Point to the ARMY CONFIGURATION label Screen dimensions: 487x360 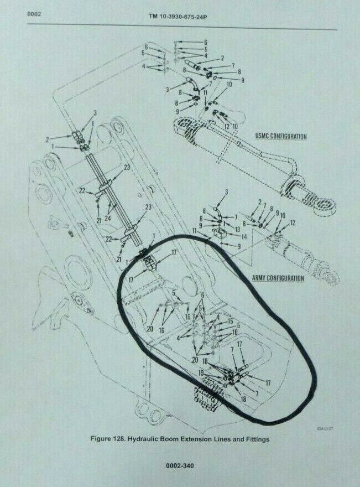tap(279, 278)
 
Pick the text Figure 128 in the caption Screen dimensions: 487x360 tap(110, 438)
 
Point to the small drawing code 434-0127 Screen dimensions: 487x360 tap(325, 427)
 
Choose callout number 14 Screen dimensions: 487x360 tap(228, 236)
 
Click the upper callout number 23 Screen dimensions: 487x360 tap(127, 167)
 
